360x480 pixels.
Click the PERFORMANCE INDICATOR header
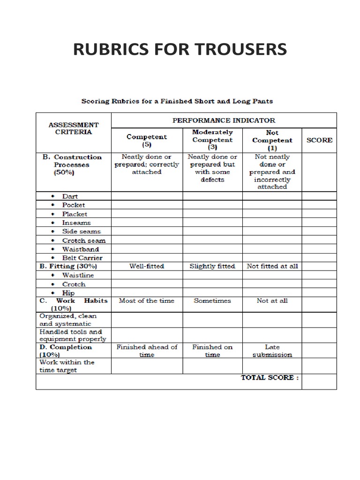[224, 120]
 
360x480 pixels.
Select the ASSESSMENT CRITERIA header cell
[74, 128]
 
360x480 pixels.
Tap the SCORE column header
[319, 140]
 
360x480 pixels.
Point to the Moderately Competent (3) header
[212, 140]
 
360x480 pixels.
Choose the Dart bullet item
[70, 196]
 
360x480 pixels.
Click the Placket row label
[75, 214]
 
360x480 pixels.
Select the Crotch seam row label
[81, 240]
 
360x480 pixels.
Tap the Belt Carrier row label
[82, 258]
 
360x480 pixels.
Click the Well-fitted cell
[147, 266]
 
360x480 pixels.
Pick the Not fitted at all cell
[272, 266]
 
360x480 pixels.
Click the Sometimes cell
[212, 301]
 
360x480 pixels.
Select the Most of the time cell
[147, 301]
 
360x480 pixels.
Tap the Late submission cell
[272, 351]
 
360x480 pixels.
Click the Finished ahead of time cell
[147, 351]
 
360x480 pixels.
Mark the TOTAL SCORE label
[270, 377]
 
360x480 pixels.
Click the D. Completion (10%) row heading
[66, 351]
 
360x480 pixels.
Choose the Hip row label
[68, 292]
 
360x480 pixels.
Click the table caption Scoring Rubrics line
[177, 101]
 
